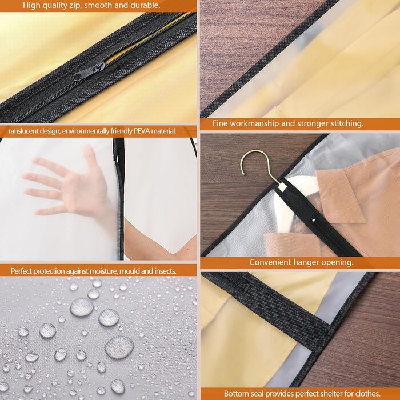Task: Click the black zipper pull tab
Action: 89,71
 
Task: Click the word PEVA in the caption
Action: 141,131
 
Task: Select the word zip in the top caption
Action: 75,5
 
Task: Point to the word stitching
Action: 347,123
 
